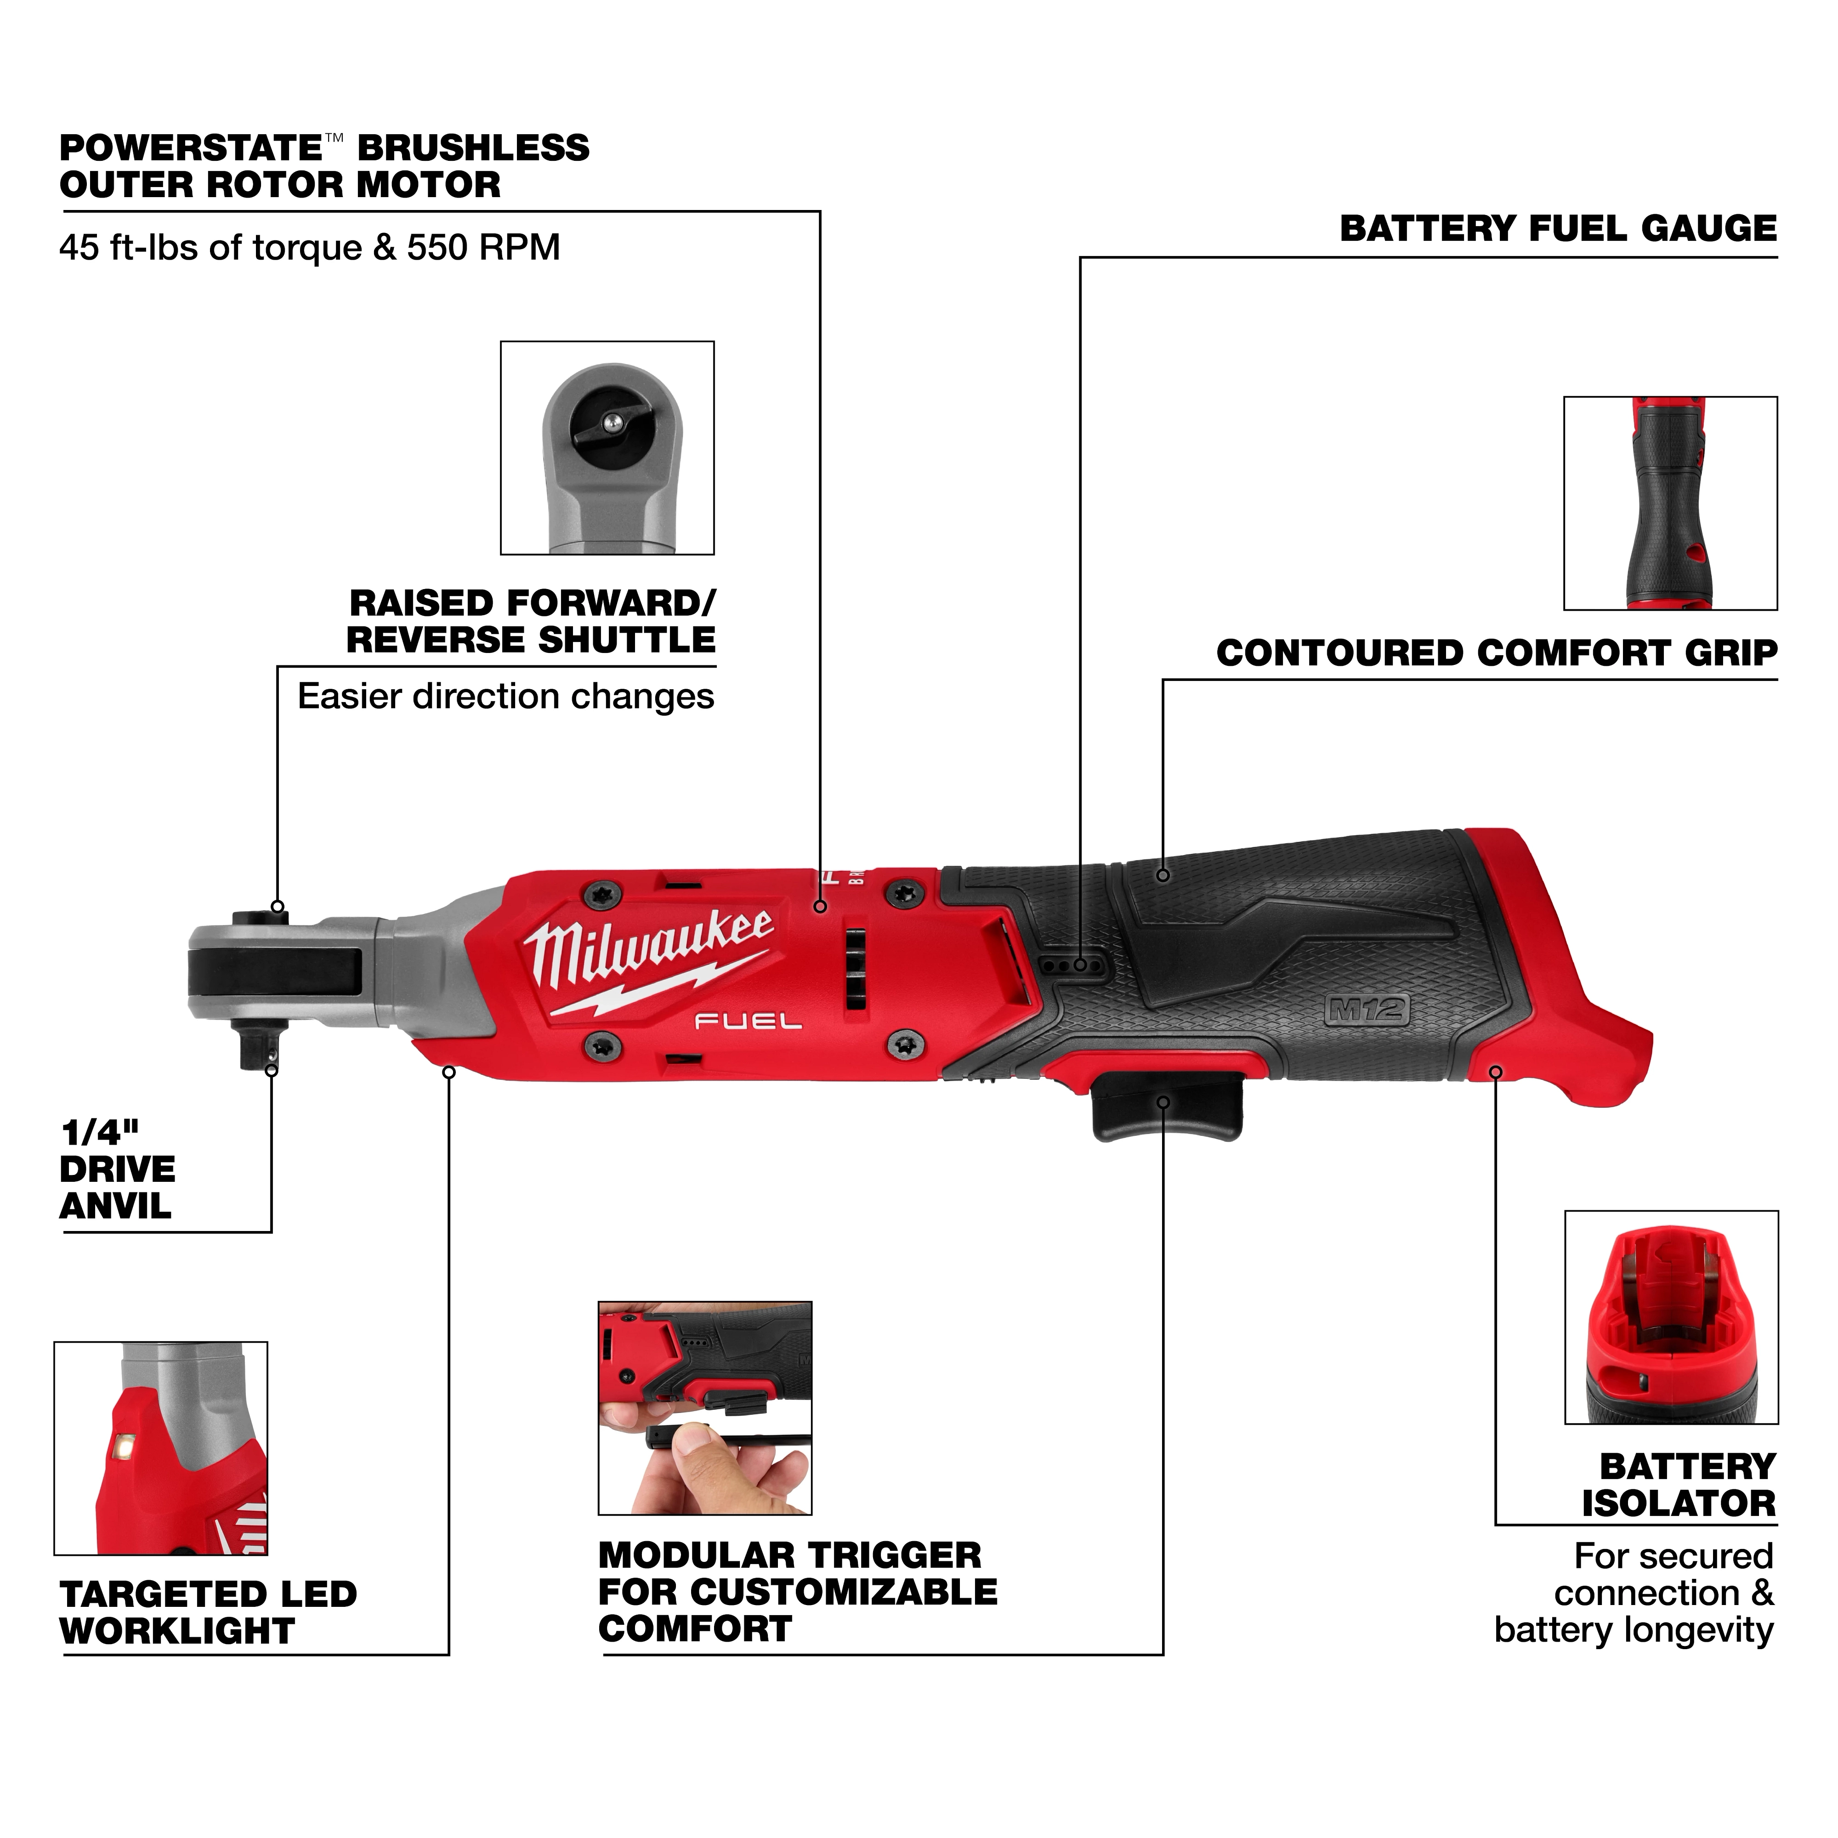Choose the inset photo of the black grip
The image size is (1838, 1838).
click(x=1670, y=503)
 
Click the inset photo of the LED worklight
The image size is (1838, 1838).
click(x=161, y=1448)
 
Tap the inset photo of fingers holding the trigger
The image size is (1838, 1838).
click(x=704, y=1408)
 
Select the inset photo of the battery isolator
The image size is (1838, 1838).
click(x=1671, y=1316)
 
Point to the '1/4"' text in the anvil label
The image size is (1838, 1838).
click(x=100, y=1133)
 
